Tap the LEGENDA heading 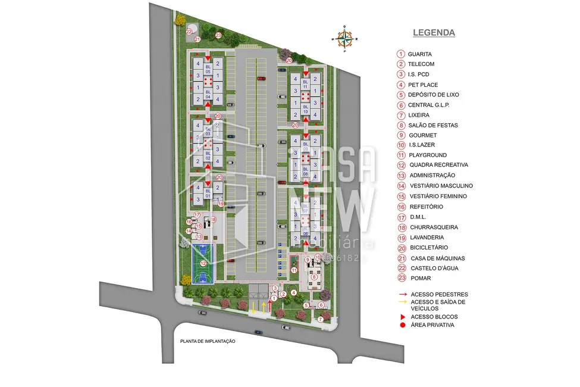(434, 33)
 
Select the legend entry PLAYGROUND (427, 155)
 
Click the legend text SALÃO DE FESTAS (432, 125)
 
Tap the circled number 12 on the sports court (203, 263)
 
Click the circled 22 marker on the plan (189, 31)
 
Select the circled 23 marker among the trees (218, 36)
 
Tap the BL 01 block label (208, 193)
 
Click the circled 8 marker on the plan (313, 276)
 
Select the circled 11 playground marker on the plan (294, 270)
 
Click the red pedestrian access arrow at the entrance (270, 305)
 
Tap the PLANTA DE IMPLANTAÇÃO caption (208, 341)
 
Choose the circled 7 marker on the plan (319, 319)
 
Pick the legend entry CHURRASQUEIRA (431, 227)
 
